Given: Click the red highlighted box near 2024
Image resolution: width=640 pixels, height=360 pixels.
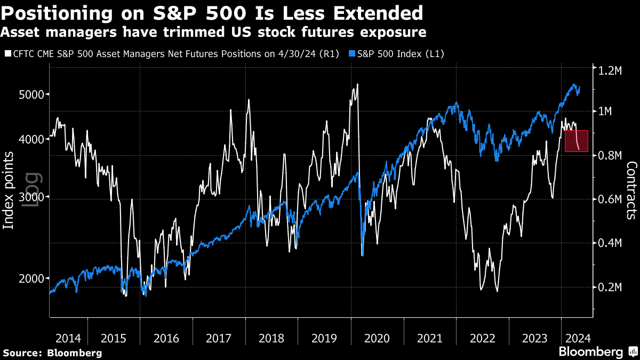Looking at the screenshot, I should coord(577,141).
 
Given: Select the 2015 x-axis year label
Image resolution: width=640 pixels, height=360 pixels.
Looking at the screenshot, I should coord(114,338).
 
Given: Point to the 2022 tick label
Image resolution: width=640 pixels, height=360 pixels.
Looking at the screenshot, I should coord(483,338).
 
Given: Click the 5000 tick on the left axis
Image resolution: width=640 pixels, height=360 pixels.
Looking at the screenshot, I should coord(27,94).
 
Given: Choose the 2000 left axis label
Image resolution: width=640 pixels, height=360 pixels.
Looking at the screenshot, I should coord(27,278).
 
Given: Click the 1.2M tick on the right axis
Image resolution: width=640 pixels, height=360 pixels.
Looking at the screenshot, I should coord(611,70).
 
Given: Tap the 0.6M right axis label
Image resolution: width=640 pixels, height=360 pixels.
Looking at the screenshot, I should coord(611,199).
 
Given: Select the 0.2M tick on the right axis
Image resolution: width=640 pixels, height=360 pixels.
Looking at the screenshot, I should coord(611,287).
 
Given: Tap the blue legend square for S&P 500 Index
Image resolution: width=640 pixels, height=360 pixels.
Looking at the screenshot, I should coord(352,54).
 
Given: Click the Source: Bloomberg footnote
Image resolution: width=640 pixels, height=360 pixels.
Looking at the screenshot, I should coord(52,353).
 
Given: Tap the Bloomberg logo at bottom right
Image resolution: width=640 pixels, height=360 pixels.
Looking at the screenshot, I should coord(597,351).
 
